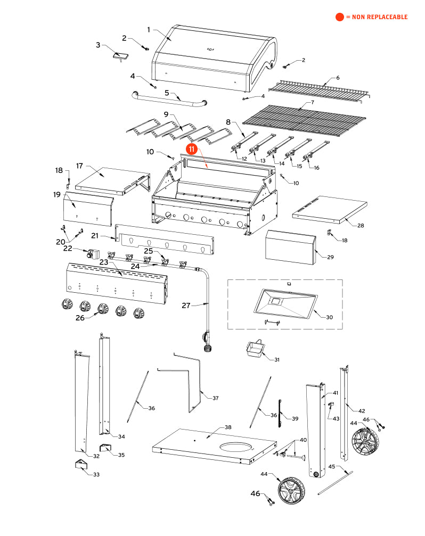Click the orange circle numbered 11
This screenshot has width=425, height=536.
pyautogui.click(x=192, y=151)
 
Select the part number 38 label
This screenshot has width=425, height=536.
pyautogui.click(x=228, y=427)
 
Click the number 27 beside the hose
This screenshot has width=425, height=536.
pyautogui.click(x=186, y=306)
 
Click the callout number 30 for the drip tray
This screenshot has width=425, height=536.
pyautogui.click(x=329, y=317)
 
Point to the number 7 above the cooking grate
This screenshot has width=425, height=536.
pyautogui.click(x=313, y=102)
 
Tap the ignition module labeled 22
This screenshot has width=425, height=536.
pyautogui.click(x=94, y=254)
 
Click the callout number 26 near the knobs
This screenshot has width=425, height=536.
pyautogui.click(x=80, y=318)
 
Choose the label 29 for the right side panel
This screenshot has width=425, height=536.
pyautogui.click(x=330, y=258)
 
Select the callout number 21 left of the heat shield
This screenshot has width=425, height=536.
pyautogui.click(x=95, y=235)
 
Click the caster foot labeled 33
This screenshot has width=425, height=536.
pyautogui.click(x=81, y=465)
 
